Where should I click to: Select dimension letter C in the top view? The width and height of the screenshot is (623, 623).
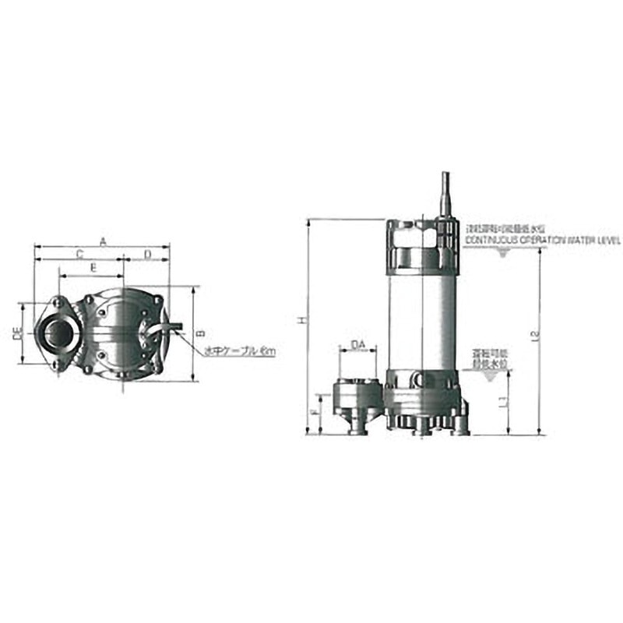point(79,255)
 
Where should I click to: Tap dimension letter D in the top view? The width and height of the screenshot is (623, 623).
point(147,255)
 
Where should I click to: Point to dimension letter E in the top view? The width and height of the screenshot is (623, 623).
point(93,268)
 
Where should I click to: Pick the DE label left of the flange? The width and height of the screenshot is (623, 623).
point(16,333)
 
